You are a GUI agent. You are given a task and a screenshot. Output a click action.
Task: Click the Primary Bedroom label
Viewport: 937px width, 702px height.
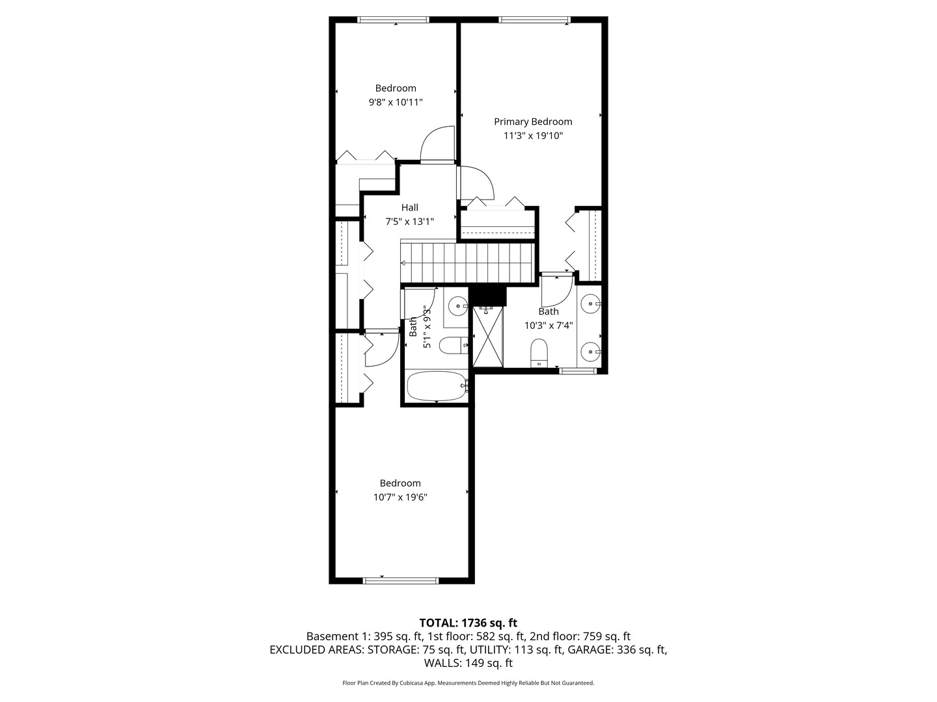[x=533, y=122]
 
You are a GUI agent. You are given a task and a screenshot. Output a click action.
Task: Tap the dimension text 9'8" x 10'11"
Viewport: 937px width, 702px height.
[x=396, y=102]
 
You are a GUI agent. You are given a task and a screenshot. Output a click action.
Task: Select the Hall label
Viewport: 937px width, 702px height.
[x=409, y=207]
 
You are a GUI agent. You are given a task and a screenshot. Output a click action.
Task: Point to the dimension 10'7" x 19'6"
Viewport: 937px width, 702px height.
[x=400, y=497]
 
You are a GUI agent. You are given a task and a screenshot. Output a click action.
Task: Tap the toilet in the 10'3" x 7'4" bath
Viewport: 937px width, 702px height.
[x=539, y=352]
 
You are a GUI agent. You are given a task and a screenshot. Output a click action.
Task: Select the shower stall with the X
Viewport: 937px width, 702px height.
[x=488, y=337]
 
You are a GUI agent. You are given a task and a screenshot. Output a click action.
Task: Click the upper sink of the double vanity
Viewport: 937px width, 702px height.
[x=590, y=302]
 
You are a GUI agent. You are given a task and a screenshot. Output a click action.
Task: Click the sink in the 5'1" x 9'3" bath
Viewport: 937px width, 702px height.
[x=459, y=304]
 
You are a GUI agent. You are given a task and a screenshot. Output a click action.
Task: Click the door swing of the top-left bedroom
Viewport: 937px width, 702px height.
[x=437, y=144]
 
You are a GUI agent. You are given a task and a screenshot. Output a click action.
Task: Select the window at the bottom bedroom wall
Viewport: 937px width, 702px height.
[x=401, y=580]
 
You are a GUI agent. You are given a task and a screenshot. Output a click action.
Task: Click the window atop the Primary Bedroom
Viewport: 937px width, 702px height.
[x=534, y=19]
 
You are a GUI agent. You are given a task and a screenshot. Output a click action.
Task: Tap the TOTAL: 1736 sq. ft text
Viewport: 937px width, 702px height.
[x=468, y=623]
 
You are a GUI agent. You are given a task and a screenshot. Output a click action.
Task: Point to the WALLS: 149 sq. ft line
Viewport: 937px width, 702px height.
[x=468, y=663]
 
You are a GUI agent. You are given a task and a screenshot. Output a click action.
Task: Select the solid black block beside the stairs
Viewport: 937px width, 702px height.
[x=488, y=296]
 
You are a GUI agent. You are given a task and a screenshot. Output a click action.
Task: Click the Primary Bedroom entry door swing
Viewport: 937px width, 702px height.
[x=476, y=183]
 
